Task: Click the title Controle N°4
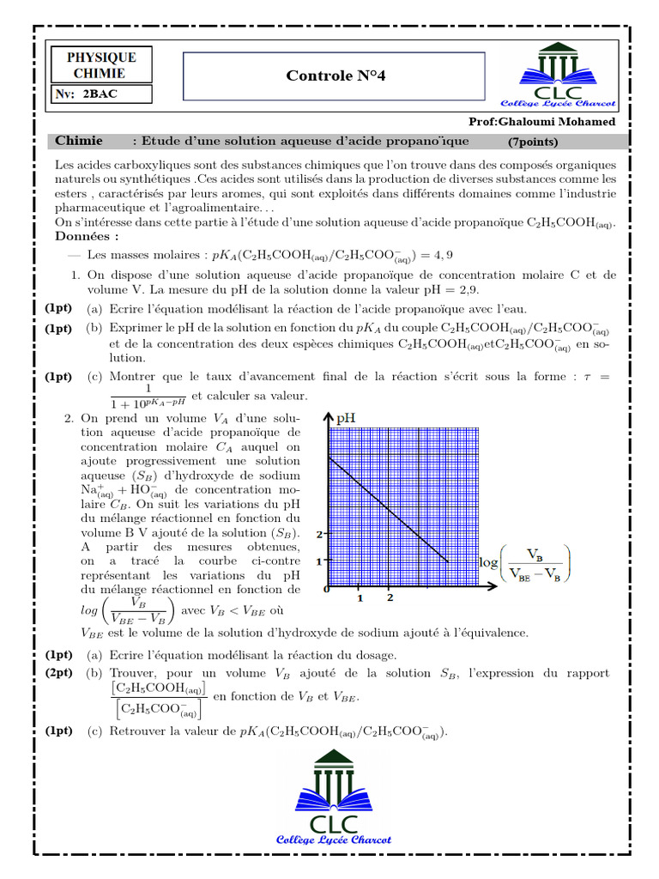pyautogui.click(x=336, y=76)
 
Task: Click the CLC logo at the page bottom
pyautogui.click(x=333, y=798)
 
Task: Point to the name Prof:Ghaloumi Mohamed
pyautogui.click(x=542, y=122)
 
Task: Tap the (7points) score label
pyautogui.click(x=533, y=142)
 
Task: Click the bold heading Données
pyautogui.click(x=87, y=236)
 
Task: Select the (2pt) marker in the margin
pyautogui.click(x=58, y=673)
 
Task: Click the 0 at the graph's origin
pyautogui.click(x=326, y=591)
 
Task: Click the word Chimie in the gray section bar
pyautogui.click(x=78, y=141)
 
